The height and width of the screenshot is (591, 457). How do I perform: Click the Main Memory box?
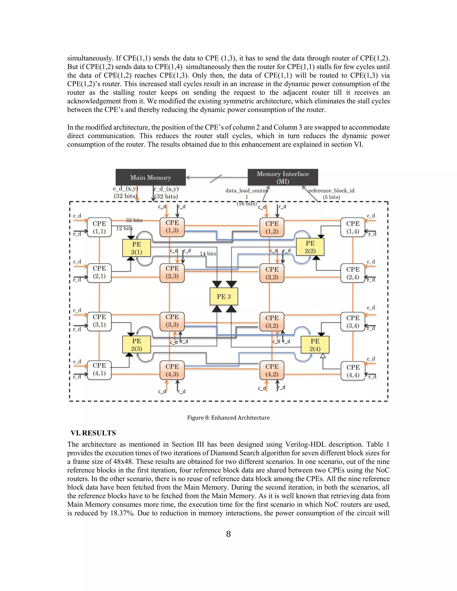[x=151, y=177]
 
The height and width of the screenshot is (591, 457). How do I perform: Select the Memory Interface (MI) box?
[x=283, y=177]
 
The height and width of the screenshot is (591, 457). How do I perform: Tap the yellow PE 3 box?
[x=224, y=297]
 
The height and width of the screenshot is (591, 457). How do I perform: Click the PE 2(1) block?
[x=136, y=248]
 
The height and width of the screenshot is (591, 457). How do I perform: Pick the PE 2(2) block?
[x=310, y=247]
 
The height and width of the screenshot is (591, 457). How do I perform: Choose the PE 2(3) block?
[x=136, y=345]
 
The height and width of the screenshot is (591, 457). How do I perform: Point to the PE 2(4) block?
[x=315, y=345]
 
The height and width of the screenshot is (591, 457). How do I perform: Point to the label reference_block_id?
[x=331, y=190]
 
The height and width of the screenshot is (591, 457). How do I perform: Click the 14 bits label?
[x=208, y=254]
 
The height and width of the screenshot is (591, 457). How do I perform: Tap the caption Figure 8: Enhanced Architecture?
[x=228, y=417]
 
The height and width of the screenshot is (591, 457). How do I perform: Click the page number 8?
[x=228, y=534]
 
